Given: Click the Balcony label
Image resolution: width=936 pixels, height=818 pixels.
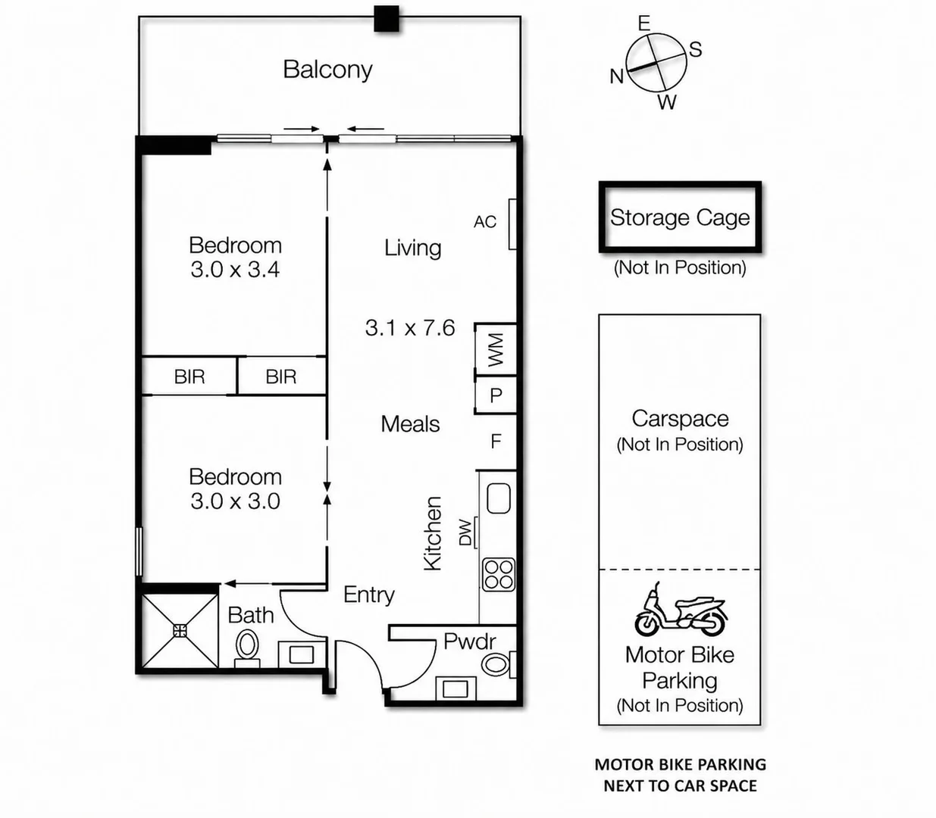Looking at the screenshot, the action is tap(327, 70).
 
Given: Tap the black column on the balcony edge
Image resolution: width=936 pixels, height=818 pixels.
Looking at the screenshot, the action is tap(387, 19).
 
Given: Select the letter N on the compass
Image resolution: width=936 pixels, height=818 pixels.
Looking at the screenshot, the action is tap(617, 76).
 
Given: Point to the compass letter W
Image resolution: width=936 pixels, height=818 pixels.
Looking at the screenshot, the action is tap(667, 102).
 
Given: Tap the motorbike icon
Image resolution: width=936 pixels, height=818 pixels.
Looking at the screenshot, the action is tap(681, 610).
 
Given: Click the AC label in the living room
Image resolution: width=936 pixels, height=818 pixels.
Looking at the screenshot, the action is tap(485, 222).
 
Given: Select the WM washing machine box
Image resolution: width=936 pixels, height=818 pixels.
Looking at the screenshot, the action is tap(496, 350).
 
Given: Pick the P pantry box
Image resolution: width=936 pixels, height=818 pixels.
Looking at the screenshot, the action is tap(496, 395).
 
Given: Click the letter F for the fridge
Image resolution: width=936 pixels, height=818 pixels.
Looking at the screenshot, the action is tap(496, 442).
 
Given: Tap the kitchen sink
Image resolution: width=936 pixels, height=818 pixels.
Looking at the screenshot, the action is tap(499, 498).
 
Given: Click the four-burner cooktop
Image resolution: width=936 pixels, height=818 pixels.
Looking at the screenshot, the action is tap(499, 574).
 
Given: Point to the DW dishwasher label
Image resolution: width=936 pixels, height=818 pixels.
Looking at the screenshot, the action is tap(465, 532).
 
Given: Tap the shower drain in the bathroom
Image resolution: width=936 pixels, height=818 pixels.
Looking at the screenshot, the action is tap(180, 632).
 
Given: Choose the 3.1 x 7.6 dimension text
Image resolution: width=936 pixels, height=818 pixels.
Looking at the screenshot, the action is tap(410, 328).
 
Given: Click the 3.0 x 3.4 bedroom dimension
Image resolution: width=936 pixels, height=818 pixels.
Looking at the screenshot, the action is tap(235, 270).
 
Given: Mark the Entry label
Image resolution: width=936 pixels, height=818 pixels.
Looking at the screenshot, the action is tap(369, 595).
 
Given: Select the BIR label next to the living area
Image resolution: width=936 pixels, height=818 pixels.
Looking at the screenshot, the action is tap(281, 376).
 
